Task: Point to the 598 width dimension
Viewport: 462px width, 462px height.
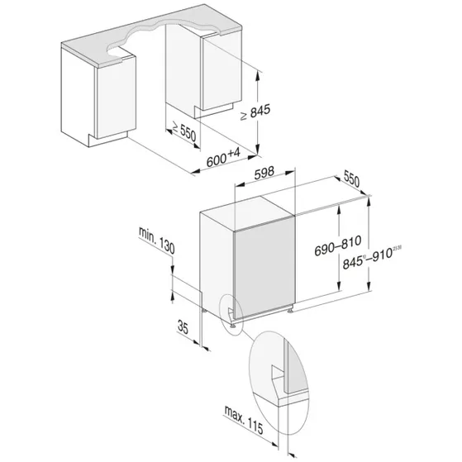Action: coord(264,174)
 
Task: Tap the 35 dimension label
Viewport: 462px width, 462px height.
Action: coord(184,326)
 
